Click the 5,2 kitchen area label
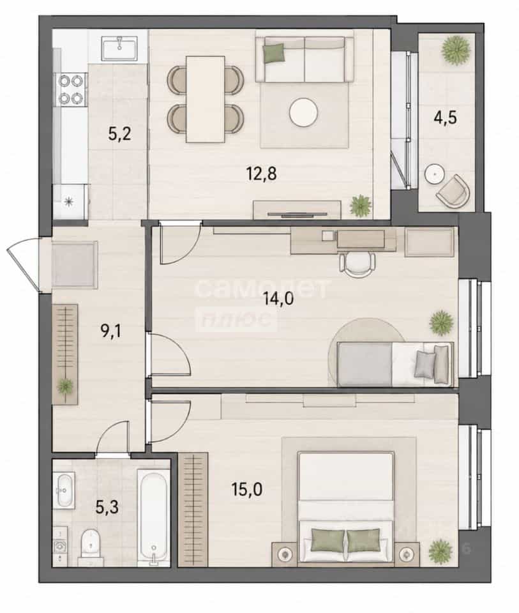point(119,134)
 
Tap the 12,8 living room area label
point(262,173)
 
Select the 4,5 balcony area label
point(445,117)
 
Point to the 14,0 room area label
point(278,299)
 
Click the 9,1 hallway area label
point(111,331)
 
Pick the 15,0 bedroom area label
point(247,489)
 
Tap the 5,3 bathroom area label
point(107,508)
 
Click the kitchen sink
point(119,49)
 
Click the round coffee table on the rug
point(303,112)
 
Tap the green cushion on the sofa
point(274,53)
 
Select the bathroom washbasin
point(64,490)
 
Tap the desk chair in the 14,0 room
point(357,264)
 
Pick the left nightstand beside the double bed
point(285,554)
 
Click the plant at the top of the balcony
point(455,50)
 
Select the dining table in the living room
point(206,100)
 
